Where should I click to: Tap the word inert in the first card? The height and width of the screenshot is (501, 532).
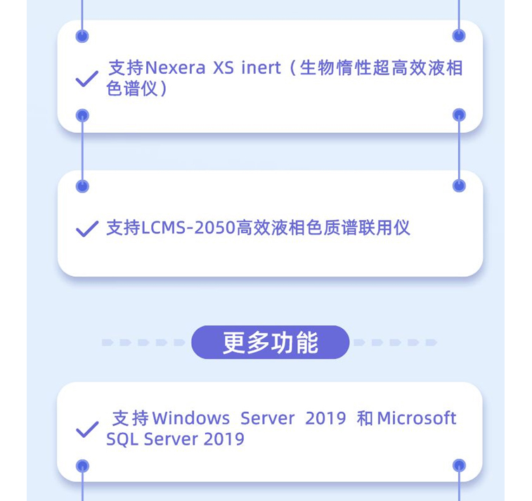[261, 68]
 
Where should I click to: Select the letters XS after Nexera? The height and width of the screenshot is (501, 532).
[223, 68]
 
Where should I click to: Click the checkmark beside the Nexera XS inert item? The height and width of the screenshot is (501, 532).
[86, 79]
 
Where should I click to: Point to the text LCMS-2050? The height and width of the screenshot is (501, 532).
[188, 228]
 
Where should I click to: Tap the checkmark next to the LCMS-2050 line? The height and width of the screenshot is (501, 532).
[86, 229]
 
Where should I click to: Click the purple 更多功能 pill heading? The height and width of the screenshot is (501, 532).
[270, 342]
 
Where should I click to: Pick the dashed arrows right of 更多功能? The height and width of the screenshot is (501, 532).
[395, 342]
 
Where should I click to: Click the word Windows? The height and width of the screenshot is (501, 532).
[190, 418]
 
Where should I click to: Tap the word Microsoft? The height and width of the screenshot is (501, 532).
[417, 418]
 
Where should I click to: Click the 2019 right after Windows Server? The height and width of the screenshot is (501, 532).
[325, 418]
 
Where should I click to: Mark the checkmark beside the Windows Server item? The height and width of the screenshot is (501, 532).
[86, 429]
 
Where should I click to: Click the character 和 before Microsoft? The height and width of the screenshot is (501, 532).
[365, 418]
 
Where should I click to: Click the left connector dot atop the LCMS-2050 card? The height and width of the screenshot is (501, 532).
[82, 186]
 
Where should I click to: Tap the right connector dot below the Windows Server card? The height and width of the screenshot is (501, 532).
[459, 465]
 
